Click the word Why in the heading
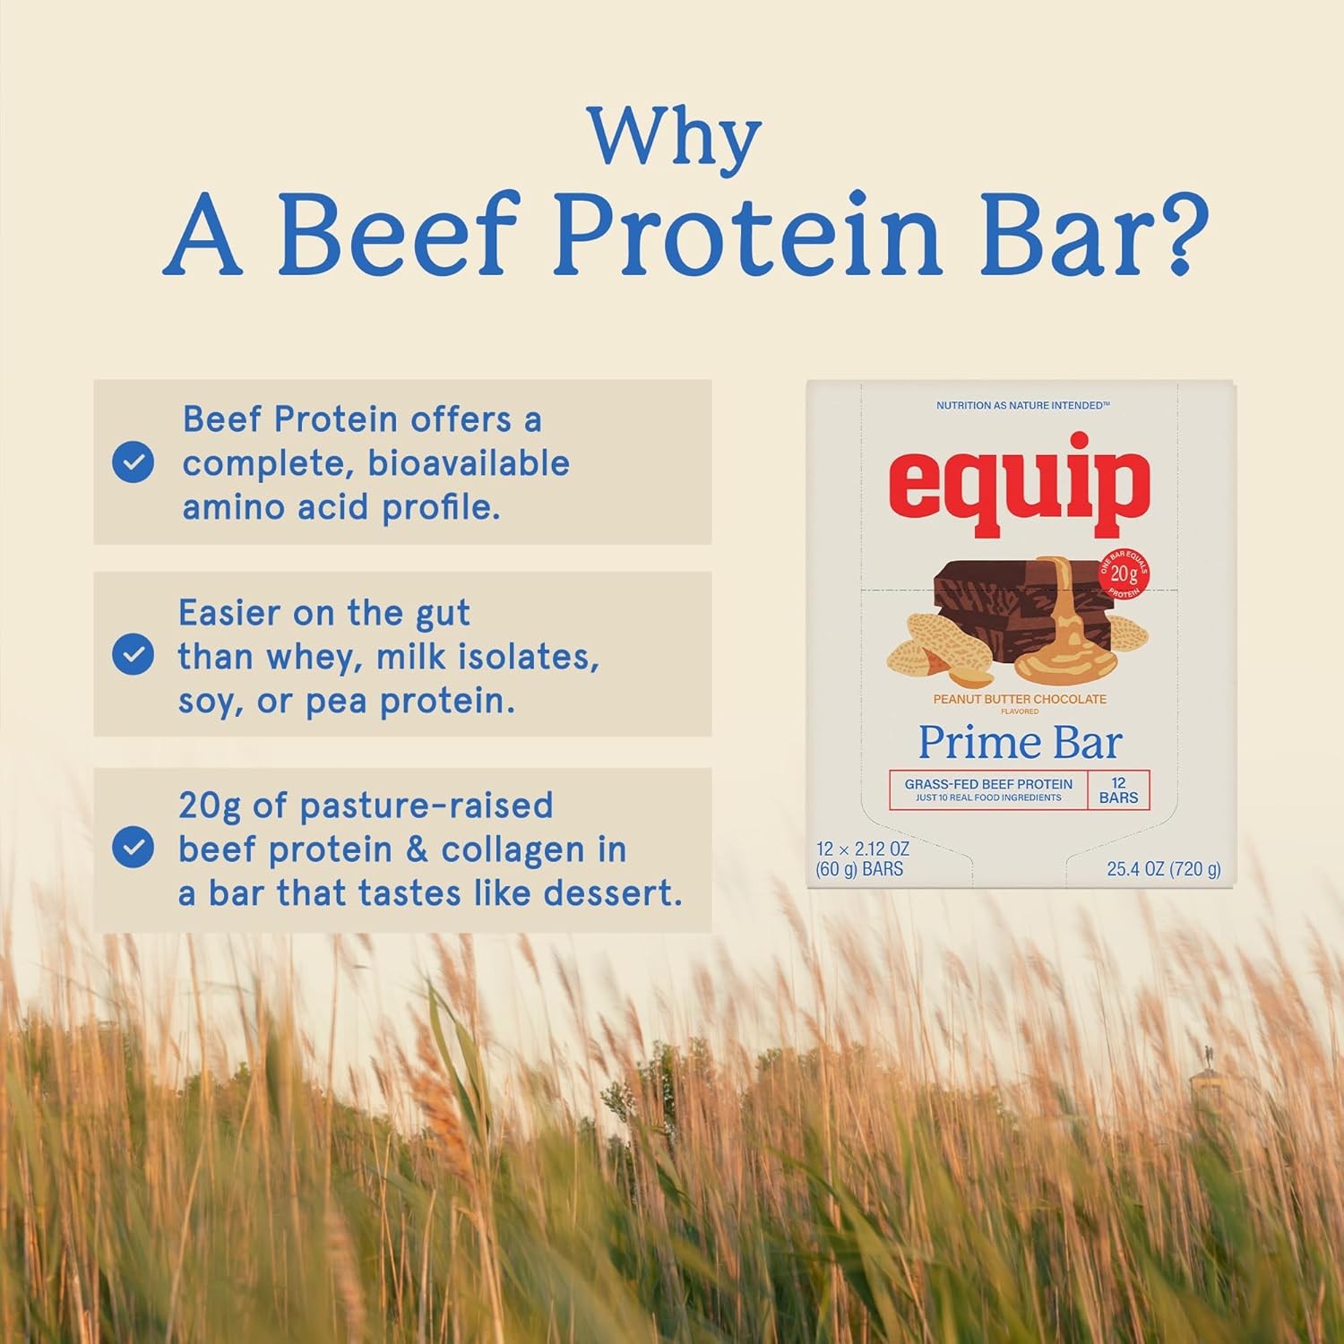(675, 137)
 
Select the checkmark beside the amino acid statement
(133, 461)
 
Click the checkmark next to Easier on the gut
(133, 654)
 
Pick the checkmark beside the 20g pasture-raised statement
(133, 847)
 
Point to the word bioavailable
(469, 463)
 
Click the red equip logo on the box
(1020, 484)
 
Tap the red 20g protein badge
(1124, 574)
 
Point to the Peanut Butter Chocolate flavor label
(1020, 699)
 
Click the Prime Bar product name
(1020, 743)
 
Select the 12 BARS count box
(1118, 790)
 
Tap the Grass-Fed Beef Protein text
(988, 784)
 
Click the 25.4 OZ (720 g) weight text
(1163, 869)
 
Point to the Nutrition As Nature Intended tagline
(1022, 406)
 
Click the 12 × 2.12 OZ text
(862, 849)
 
